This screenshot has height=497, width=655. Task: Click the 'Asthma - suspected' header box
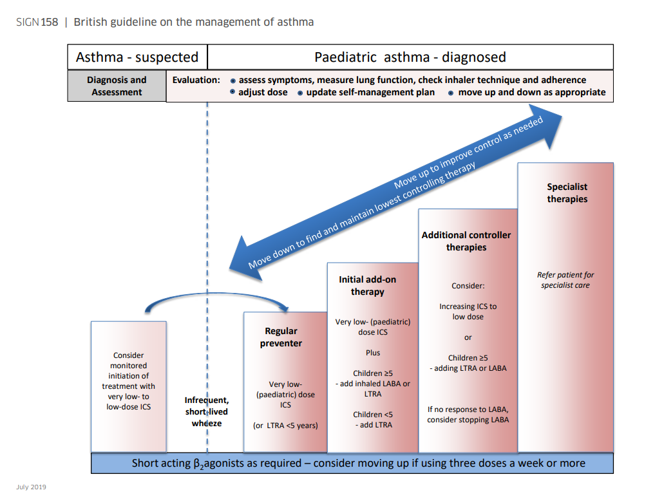[x=137, y=57]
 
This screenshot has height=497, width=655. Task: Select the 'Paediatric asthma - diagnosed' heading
[x=410, y=57]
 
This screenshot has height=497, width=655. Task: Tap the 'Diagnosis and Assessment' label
[x=117, y=86]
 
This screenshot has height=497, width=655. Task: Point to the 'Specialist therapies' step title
[x=567, y=193]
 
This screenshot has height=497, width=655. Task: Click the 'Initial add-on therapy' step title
[x=367, y=286]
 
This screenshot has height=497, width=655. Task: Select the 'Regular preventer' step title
[x=281, y=337]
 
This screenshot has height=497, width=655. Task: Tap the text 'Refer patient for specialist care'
[x=565, y=280]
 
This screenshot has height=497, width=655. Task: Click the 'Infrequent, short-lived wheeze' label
[x=206, y=412]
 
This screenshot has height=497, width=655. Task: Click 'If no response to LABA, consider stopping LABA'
[x=468, y=415]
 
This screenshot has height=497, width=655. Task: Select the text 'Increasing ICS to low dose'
[x=468, y=312]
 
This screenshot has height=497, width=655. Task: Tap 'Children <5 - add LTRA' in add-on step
[x=372, y=420]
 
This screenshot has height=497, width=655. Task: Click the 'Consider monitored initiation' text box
[x=128, y=381]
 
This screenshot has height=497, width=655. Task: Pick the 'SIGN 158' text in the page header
[x=37, y=23]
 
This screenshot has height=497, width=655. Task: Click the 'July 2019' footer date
[x=31, y=487]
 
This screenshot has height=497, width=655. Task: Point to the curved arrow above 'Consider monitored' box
[x=218, y=297]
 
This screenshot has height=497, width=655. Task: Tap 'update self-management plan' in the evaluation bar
[x=370, y=93]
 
